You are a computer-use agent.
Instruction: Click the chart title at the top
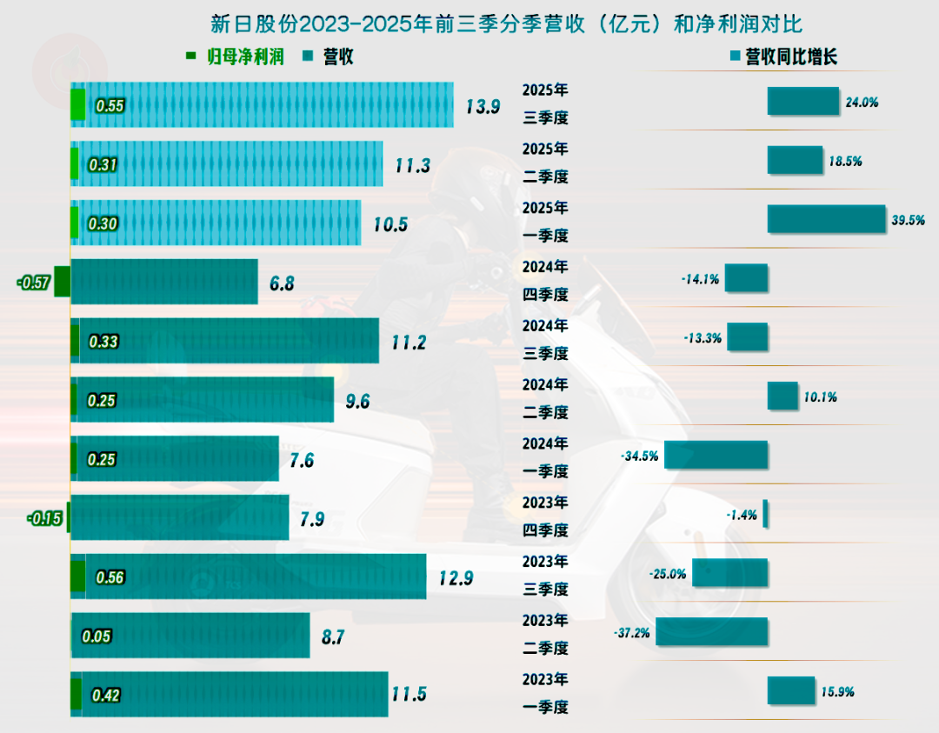(469, 23)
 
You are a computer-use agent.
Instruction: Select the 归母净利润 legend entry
(235, 57)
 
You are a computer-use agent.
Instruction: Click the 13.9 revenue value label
(483, 107)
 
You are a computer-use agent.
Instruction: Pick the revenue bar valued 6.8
(164, 282)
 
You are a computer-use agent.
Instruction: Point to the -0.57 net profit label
(33, 282)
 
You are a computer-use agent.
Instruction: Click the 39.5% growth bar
(825, 219)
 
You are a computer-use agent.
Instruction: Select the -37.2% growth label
(631, 633)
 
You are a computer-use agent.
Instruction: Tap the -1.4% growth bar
(765, 514)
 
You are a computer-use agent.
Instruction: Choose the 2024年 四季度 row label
(545, 281)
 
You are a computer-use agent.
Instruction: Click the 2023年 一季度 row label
(545, 693)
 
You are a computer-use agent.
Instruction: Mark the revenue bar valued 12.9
(252, 576)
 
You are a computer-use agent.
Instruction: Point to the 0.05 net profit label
(97, 636)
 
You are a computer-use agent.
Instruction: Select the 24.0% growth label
(862, 102)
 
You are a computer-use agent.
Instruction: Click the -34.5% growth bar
(716, 456)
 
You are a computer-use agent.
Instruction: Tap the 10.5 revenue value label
(390, 224)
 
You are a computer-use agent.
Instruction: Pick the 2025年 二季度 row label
(545, 163)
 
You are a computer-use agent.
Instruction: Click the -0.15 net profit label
(44, 518)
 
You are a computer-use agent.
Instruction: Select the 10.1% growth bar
(782, 396)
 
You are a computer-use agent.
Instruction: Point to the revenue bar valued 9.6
(205, 400)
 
